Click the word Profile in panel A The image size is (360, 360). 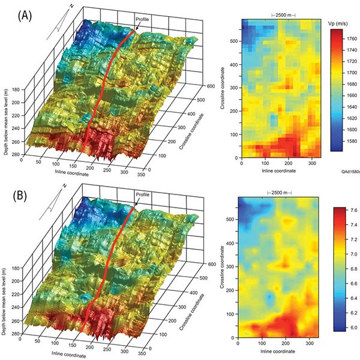click(x=142, y=20)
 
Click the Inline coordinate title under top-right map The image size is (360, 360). click(x=278, y=172)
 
